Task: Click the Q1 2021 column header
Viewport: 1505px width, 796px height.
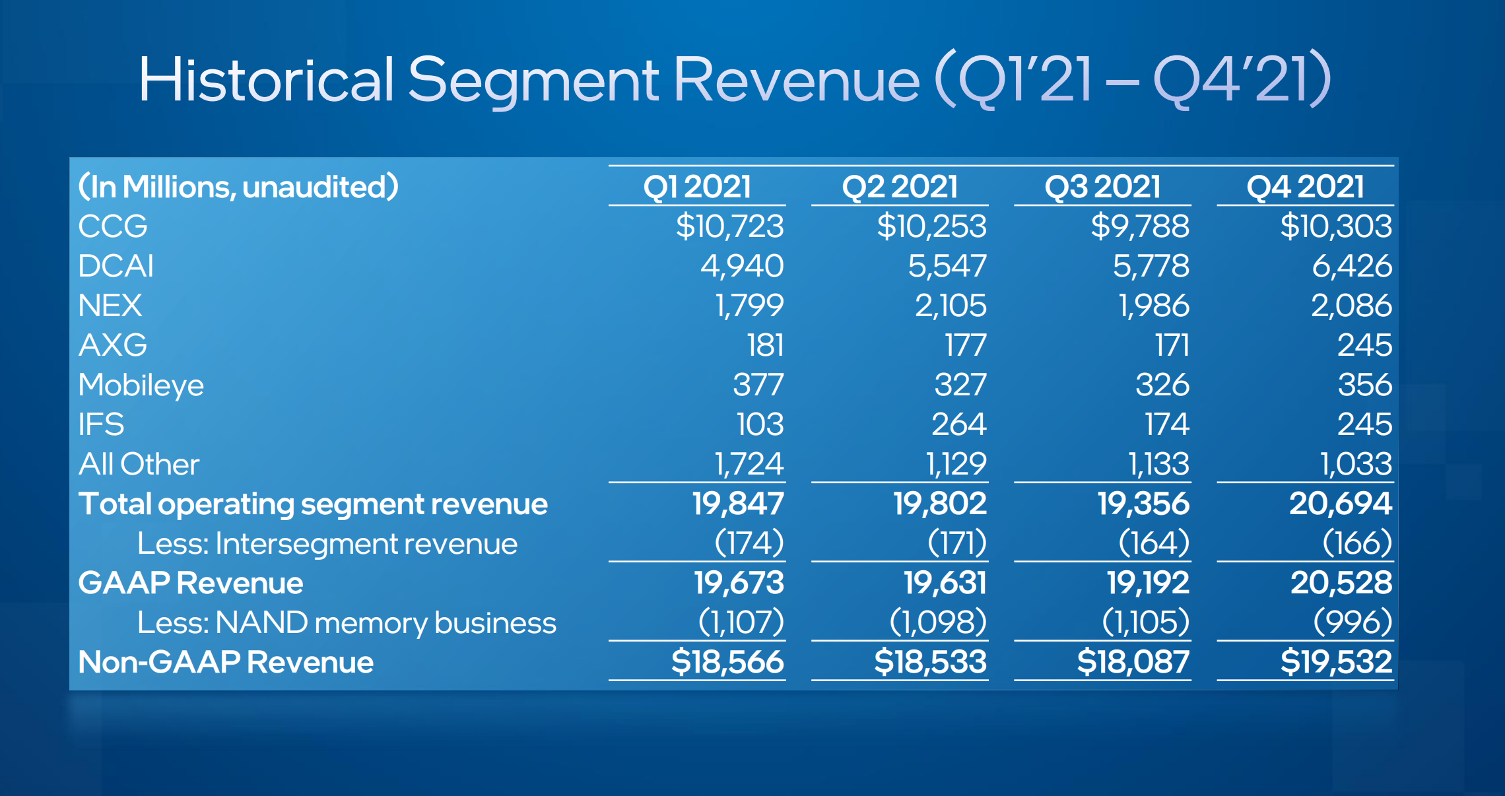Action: [x=697, y=187]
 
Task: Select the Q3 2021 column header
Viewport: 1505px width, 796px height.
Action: [x=1102, y=187]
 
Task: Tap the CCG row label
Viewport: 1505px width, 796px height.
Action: [x=113, y=226]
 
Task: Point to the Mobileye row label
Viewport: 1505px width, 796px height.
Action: [x=141, y=385]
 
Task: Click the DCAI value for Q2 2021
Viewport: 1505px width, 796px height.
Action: [x=947, y=266]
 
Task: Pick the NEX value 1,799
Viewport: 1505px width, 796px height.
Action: [x=749, y=306]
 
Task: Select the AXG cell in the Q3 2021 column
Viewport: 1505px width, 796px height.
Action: [x=1172, y=345]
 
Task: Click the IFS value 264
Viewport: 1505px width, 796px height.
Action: [x=958, y=424]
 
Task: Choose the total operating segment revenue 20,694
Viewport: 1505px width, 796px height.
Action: [x=1341, y=504]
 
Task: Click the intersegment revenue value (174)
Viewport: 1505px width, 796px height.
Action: [x=749, y=543]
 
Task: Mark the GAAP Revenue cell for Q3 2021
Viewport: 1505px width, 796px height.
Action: [x=1147, y=583]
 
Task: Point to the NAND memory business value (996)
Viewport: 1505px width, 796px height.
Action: [x=1353, y=622]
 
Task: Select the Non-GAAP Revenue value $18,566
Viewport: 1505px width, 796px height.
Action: [x=727, y=661]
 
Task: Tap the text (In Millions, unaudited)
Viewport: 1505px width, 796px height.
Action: [x=238, y=187]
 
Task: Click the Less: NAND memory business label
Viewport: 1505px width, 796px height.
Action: [x=347, y=622]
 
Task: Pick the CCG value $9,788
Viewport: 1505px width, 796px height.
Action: [x=1140, y=226]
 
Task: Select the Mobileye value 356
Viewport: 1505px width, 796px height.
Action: [x=1364, y=385]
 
